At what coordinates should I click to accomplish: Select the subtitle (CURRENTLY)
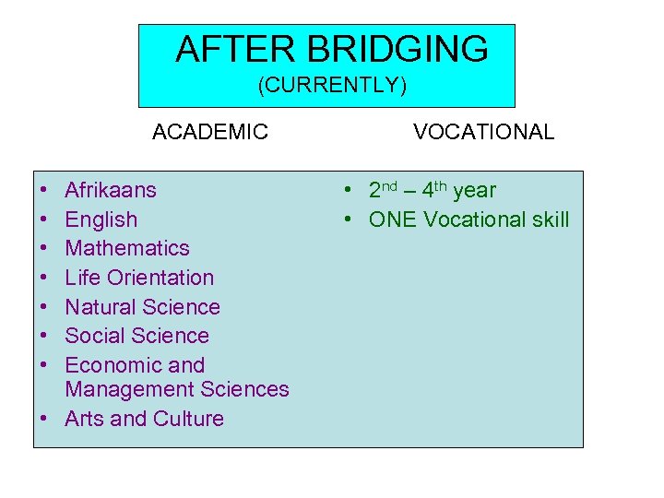point(332,86)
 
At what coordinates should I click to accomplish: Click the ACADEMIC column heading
point(210,132)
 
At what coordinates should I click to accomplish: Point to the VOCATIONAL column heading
point(483,132)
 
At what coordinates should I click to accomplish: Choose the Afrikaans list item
point(111,191)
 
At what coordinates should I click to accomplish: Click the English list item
point(101,220)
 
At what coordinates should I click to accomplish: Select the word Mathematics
point(127,249)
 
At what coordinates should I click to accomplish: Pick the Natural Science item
point(142,307)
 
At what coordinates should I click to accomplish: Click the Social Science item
point(136,336)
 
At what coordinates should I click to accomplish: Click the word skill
point(547,220)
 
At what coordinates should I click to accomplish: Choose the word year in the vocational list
point(474,191)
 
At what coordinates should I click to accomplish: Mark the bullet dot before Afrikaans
point(44,191)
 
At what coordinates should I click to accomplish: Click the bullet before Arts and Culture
point(44,419)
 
